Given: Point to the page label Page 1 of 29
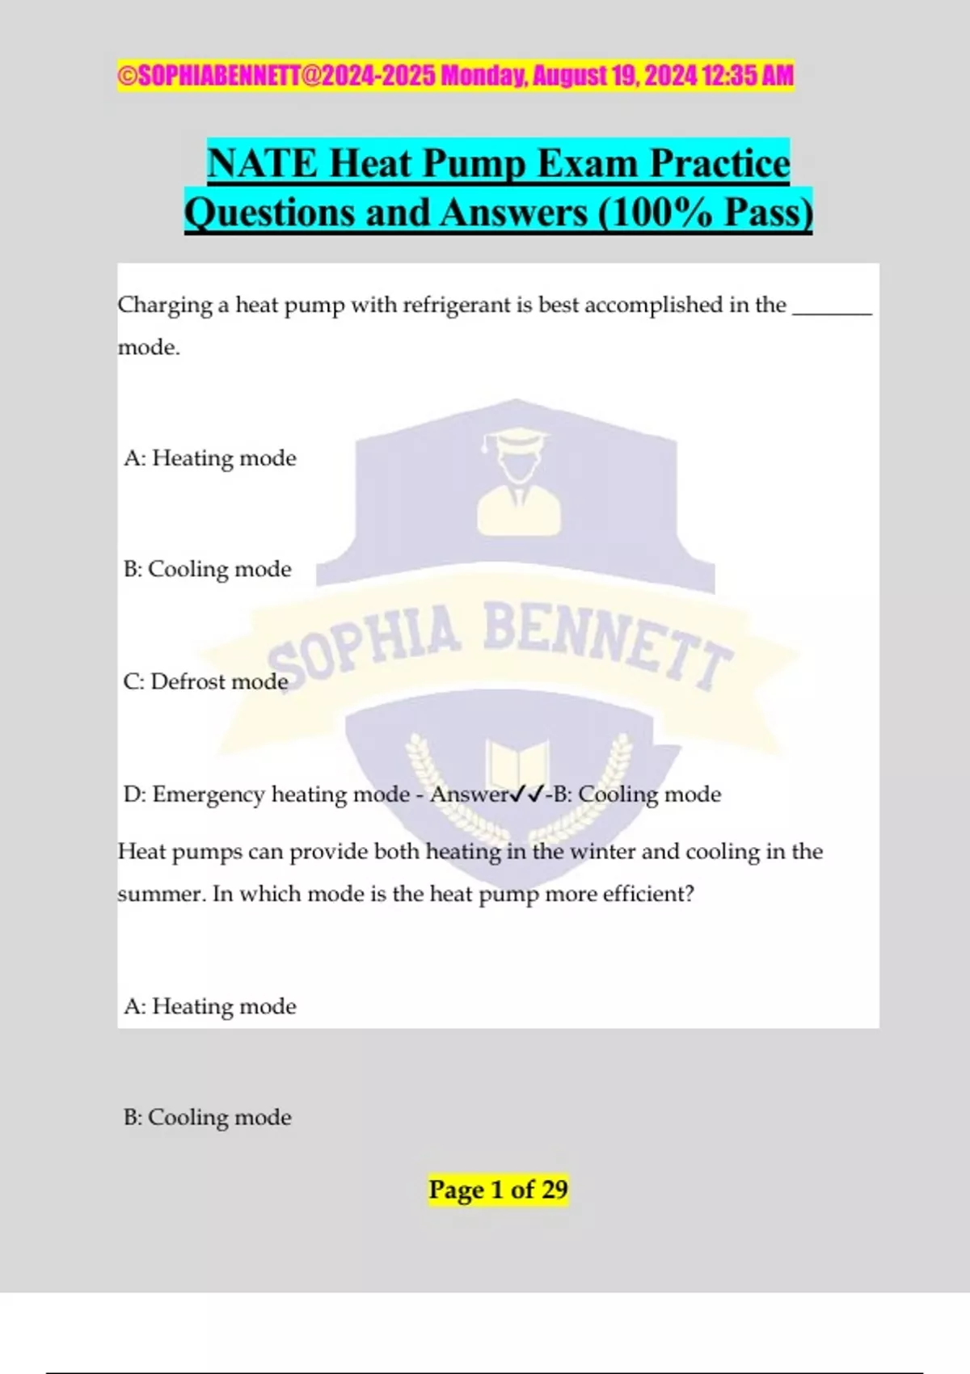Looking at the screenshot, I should (498, 1190).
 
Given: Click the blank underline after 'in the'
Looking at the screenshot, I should (832, 310).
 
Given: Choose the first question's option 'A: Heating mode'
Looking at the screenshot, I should (210, 458).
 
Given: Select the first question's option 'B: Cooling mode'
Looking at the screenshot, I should (208, 569).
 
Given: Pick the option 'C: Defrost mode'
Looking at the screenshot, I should (206, 681).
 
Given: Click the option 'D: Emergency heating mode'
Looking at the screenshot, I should (267, 794).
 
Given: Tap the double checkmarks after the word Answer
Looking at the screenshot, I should (528, 794).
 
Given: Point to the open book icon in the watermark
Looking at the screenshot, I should (517, 765).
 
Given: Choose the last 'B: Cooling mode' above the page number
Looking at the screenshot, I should (208, 1117).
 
